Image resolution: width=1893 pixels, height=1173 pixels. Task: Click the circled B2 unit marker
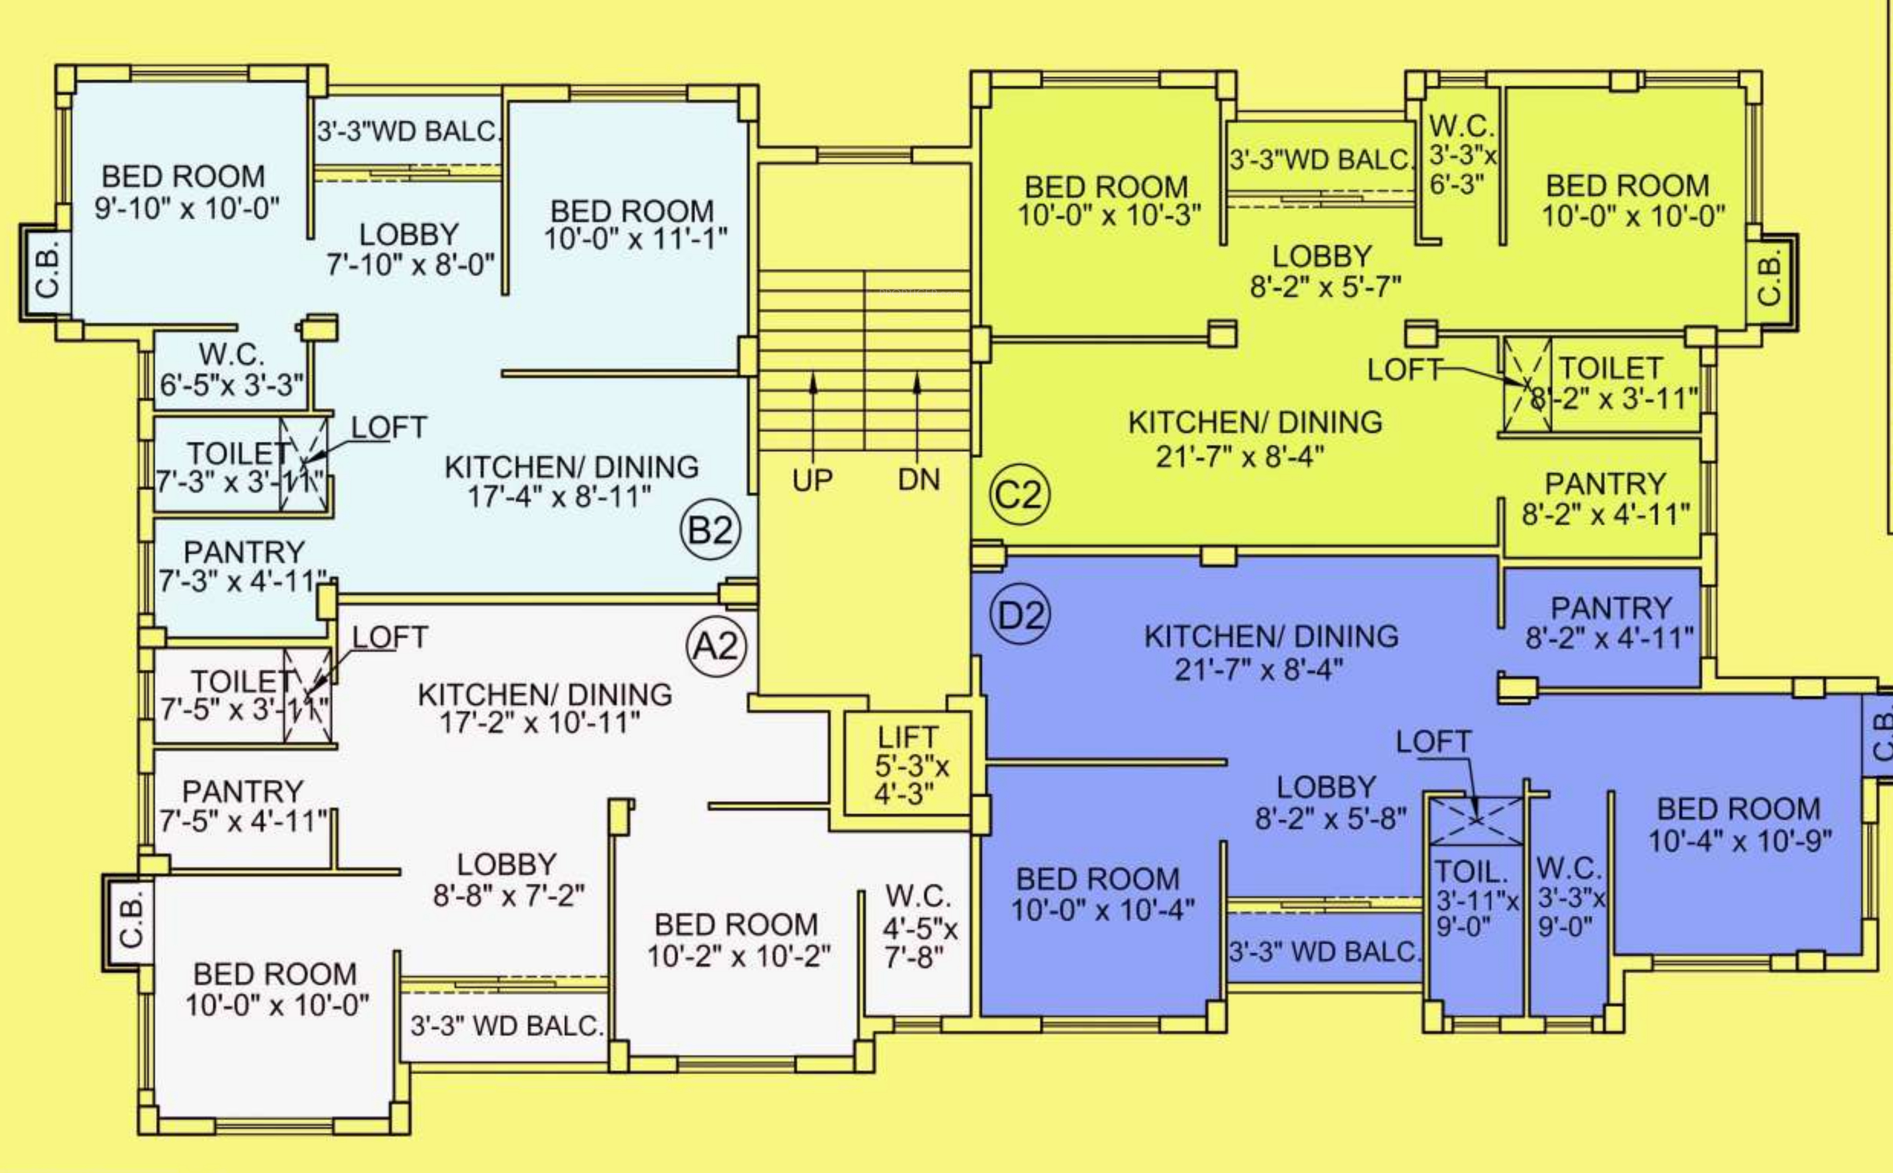[710, 531]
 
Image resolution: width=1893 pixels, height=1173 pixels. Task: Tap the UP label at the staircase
[812, 480]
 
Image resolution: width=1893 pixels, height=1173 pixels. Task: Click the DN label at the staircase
[919, 480]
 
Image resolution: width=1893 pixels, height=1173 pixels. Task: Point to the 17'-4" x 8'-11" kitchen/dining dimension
[559, 497]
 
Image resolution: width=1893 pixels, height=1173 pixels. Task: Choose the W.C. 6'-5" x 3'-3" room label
[231, 370]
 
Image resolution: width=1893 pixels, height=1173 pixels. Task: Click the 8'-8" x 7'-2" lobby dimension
[508, 895]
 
